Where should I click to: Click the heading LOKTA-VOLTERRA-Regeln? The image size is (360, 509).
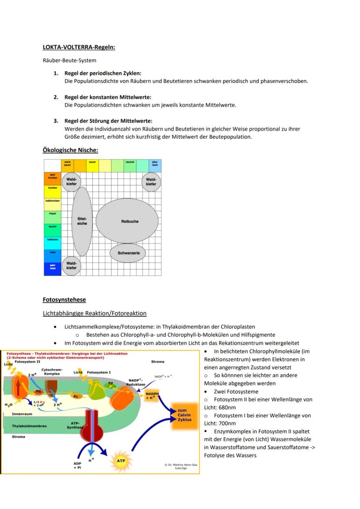tap(79, 47)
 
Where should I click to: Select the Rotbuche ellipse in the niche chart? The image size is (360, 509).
tap(127, 221)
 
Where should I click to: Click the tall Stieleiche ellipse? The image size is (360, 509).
tap(82, 221)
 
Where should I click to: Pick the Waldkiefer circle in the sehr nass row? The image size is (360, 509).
tap(71, 265)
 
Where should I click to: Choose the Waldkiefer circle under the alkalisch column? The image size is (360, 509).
tap(151, 182)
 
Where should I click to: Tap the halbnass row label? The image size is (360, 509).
tap(52, 240)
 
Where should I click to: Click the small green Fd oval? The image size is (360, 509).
tap(110, 383)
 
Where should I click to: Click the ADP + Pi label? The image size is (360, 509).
tap(77, 466)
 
